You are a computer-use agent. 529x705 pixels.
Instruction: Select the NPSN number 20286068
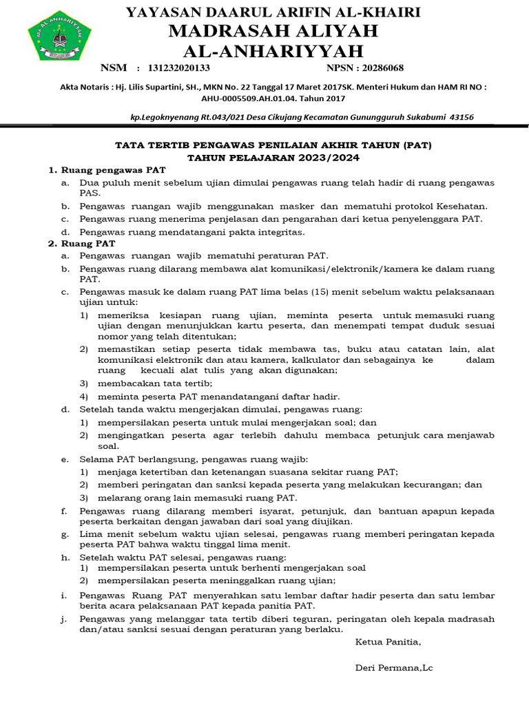pyautogui.click(x=379, y=68)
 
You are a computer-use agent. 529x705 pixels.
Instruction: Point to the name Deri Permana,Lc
pyautogui.click(x=394, y=668)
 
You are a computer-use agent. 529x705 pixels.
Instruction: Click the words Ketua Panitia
pyautogui.click(x=388, y=642)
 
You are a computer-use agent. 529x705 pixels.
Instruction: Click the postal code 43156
pyautogui.click(x=461, y=117)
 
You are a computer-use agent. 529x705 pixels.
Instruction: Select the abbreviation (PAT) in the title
pyautogui.click(x=419, y=146)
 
